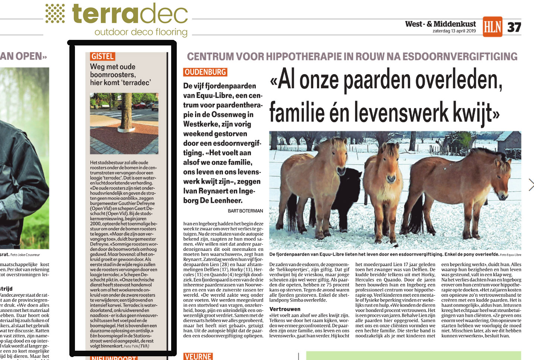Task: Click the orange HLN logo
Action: (492, 26)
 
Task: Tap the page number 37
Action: (514, 27)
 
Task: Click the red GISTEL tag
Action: (102, 56)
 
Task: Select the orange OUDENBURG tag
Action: (205, 72)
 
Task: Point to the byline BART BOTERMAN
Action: (245, 211)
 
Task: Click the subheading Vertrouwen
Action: (285, 309)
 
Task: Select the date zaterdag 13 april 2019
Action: (454, 31)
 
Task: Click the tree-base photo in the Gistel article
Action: (124, 123)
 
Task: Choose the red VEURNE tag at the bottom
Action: (198, 356)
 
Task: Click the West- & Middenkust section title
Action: (440, 24)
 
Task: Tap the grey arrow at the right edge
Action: (531, 184)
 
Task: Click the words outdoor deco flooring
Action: (141, 32)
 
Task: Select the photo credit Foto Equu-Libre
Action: (511, 255)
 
